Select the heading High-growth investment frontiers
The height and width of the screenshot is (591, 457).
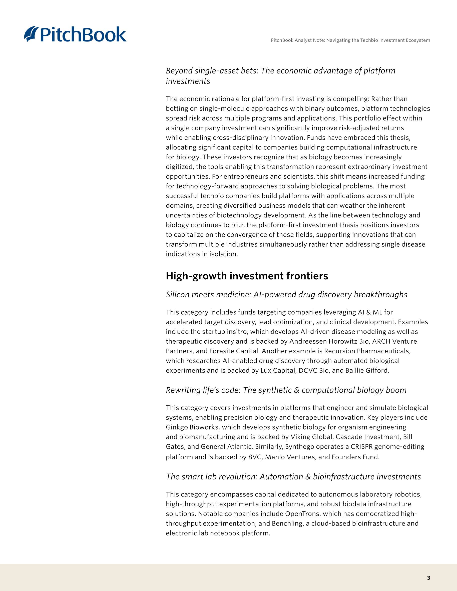point(247,276)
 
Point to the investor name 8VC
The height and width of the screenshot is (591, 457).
point(255,457)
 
